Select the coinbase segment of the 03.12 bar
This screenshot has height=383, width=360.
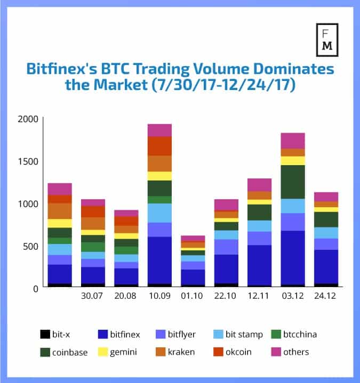pyautogui.click(x=292, y=182)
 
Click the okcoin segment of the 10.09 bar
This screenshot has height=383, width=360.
pyautogui.click(x=159, y=146)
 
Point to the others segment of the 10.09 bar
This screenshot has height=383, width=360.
pyautogui.click(x=159, y=130)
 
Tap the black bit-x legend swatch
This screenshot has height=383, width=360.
pyautogui.click(x=44, y=335)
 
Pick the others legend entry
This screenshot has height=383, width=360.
pyautogui.click(x=287, y=352)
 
